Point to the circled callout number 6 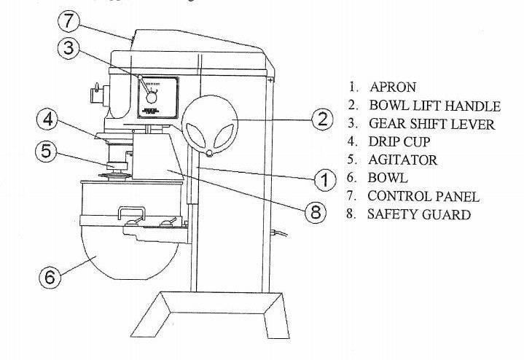coord(48,277)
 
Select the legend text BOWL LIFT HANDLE coord(434,106)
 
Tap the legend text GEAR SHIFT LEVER coord(431,124)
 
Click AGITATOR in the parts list coord(403,160)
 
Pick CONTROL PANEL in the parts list coord(423,196)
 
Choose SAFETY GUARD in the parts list coord(419,214)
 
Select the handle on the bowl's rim coord(131,212)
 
